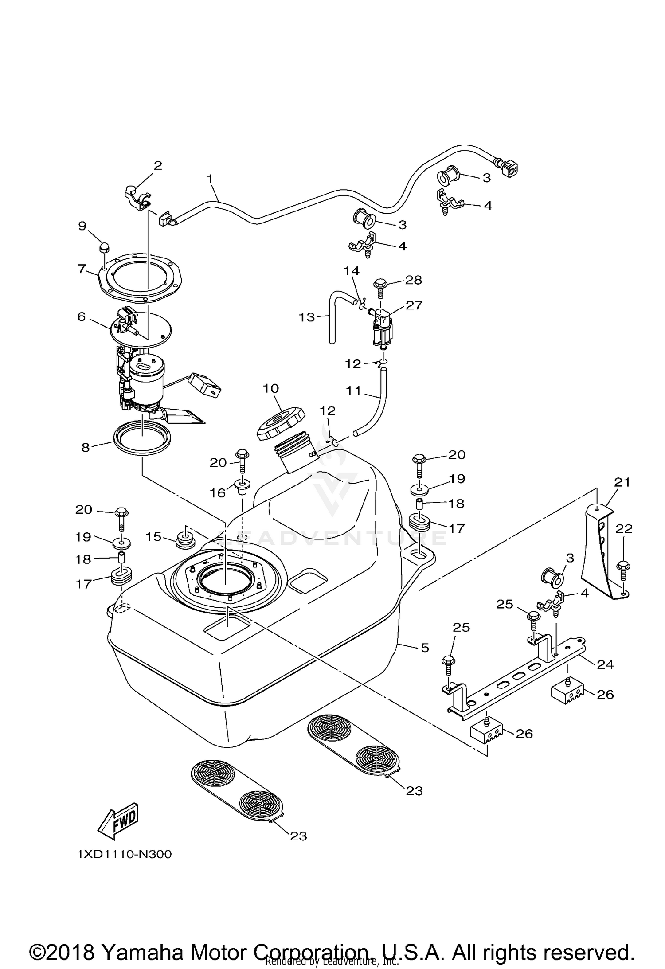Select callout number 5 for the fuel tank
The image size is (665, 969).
tap(425, 648)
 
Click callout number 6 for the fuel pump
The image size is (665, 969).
tap(82, 316)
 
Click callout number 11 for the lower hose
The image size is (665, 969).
tap(353, 391)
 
